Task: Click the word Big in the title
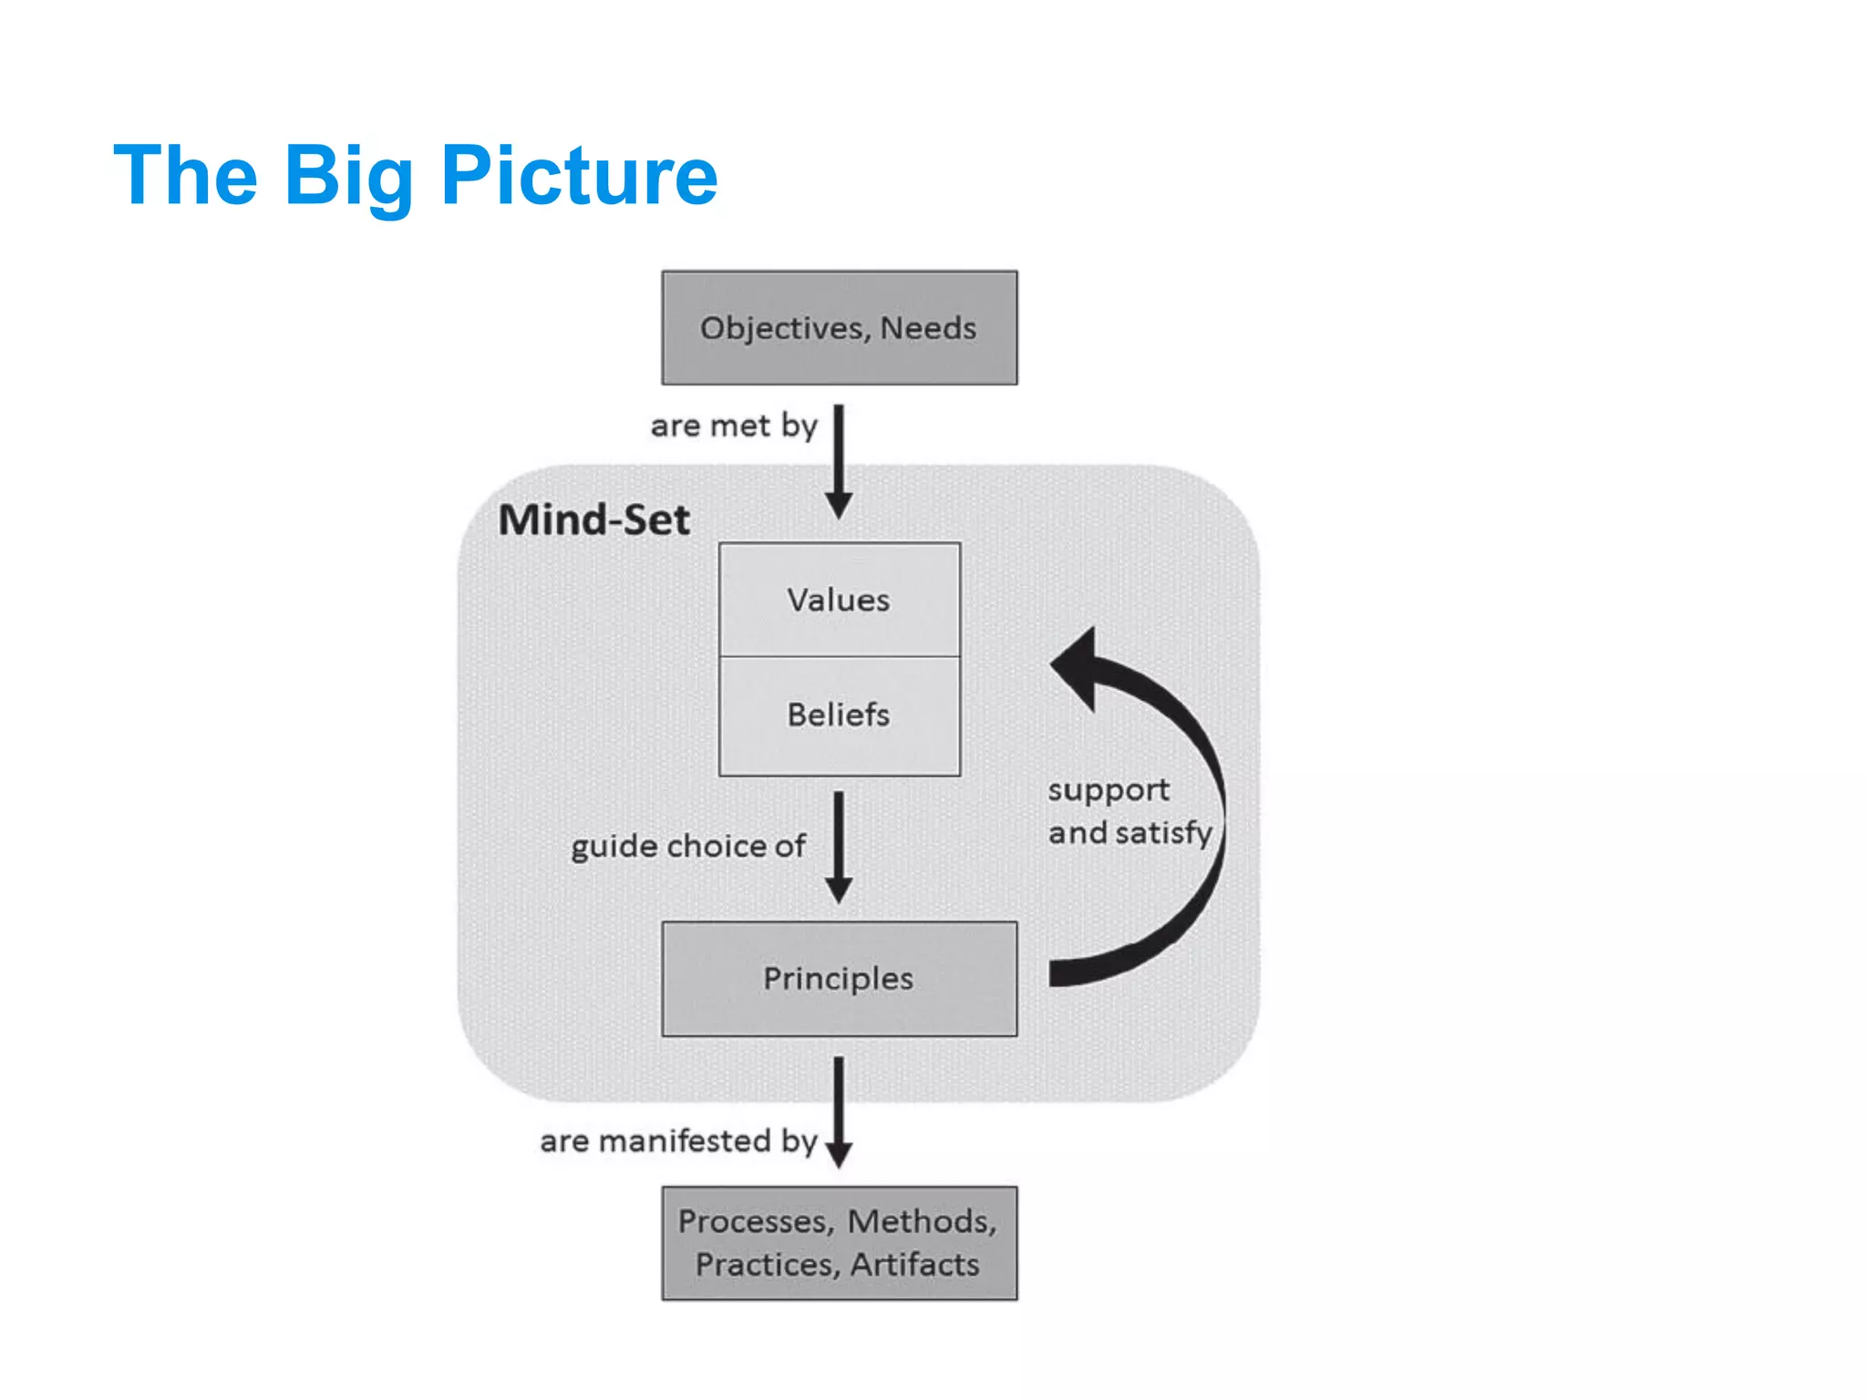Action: (350, 176)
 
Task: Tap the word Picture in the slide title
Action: (579, 176)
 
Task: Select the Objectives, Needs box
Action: (839, 327)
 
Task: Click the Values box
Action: (839, 599)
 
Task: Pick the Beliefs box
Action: (839, 715)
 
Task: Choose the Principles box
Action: (839, 978)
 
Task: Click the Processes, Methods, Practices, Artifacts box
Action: (839, 1242)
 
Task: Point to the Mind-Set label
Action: (593, 520)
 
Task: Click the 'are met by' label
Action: (734, 426)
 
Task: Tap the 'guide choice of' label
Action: (688, 846)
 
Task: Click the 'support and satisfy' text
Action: (1129, 811)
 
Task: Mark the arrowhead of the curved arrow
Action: (1076, 665)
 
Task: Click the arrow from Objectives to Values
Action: (839, 460)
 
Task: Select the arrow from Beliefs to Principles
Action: (839, 846)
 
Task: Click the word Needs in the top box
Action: (928, 327)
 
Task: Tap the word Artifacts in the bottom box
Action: (914, 1265)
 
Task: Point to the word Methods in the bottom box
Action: (921, 1221)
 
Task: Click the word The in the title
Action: (185, 176)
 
